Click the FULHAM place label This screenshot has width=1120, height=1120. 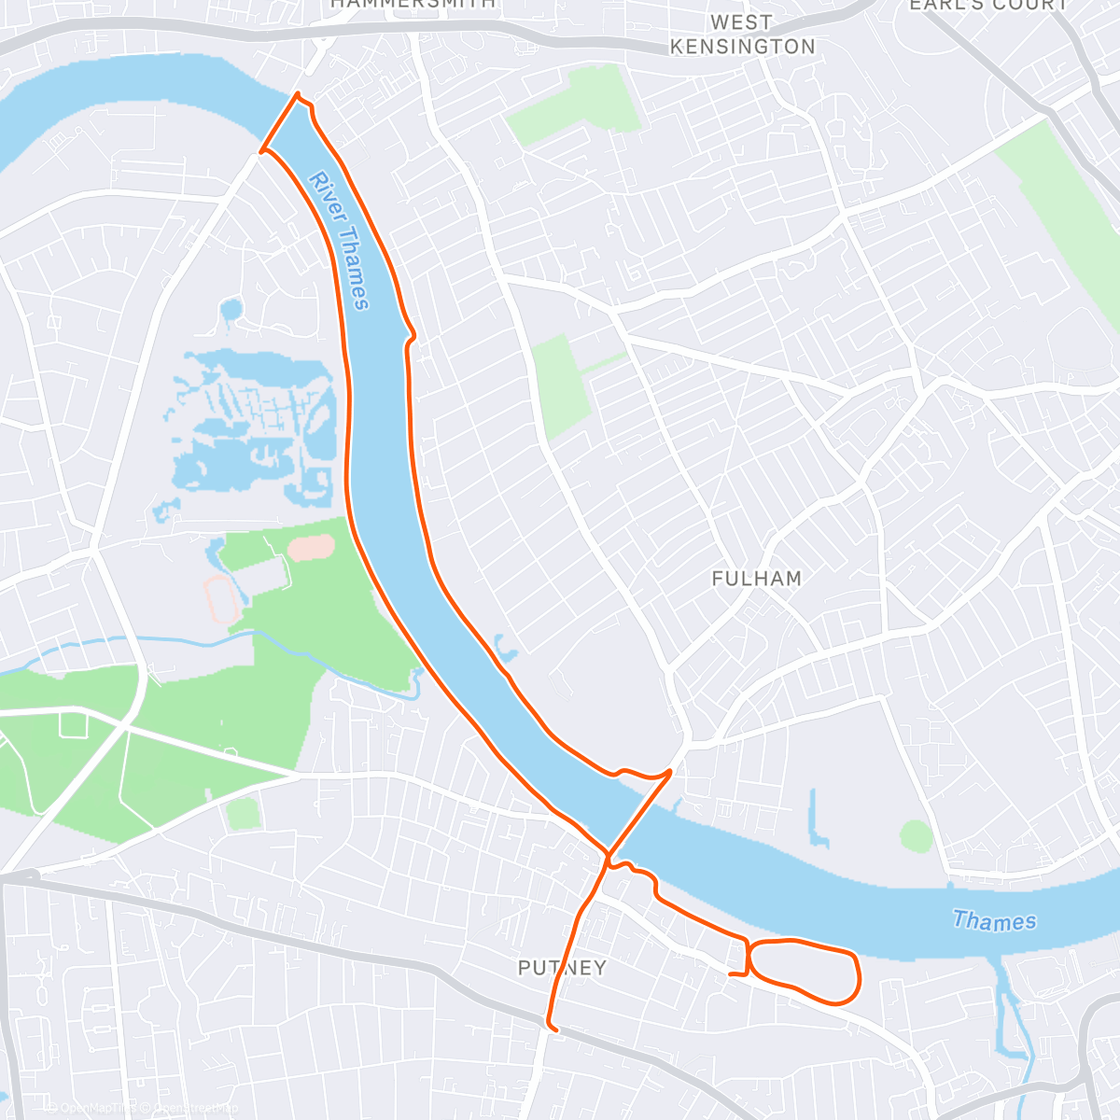756,579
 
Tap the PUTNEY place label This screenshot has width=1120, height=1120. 562,968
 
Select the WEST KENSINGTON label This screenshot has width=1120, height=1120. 742,35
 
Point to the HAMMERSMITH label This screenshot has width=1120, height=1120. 413,4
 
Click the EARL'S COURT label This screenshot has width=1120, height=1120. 988,5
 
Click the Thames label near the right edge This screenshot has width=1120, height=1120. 994,921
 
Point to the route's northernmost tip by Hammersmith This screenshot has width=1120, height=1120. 298,94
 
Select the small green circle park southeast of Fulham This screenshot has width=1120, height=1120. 917,835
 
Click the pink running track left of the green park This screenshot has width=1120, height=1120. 220,598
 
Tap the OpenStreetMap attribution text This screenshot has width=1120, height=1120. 189,1108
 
